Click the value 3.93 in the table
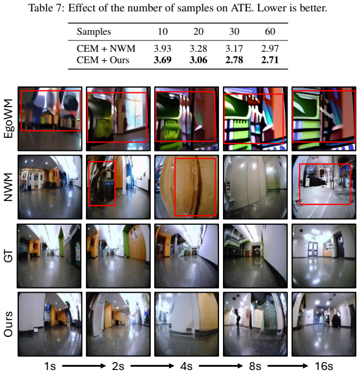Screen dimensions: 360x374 click(162, 48)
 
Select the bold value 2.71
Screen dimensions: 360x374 click(270, 60)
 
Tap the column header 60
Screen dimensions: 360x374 click(270, 31)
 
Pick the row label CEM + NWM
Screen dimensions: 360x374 click(106, 48)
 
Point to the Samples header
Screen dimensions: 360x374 click(94, 32)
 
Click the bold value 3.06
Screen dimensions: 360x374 click(198, 60)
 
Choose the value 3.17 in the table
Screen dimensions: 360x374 click(234, 48)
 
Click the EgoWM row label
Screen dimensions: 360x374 click(9, 118)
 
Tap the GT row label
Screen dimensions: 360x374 click(9, 256)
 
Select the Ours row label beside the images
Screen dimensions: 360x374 click(9, 324)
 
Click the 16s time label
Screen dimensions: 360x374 click(324, 366)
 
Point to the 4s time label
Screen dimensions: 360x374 click(187, 366)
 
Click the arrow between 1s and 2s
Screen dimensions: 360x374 click(84, 366)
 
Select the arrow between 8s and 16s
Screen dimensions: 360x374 click(288, 366)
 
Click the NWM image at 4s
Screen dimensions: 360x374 click(187, 187)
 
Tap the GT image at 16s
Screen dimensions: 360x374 click(324, 256)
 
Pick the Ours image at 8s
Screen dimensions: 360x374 click(255, 324)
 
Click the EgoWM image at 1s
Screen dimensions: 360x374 click(50, 119)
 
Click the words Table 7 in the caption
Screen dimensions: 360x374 click(47, 8)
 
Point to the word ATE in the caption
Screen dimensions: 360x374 click(242, 8)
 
